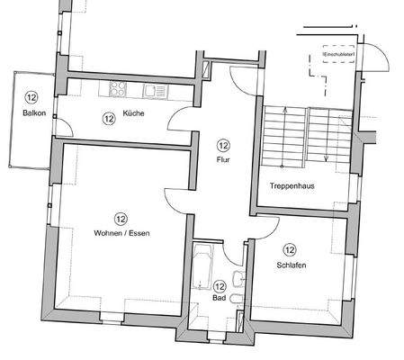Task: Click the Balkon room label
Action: (34, 112)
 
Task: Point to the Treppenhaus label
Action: (292, 186)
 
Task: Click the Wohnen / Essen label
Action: (121, 234)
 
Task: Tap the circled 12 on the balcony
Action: (32, 97)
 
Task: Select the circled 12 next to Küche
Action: (109, 117)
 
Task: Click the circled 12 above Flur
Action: (223, 145)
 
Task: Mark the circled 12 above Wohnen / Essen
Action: (121, 217)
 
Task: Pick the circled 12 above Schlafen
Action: (290, 249)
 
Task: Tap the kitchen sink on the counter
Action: (149, 89)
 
